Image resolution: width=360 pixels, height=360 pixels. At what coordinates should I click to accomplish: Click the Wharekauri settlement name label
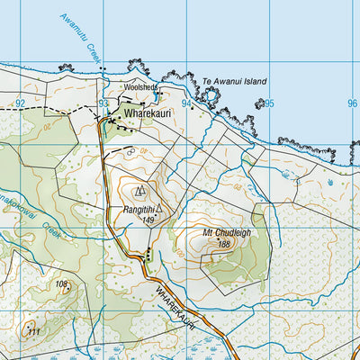149,114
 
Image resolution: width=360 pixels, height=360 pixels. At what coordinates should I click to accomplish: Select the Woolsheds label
139,87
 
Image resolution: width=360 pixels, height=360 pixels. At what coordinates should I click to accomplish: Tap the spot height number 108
61,284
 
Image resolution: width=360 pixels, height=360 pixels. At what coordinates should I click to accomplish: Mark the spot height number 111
33,331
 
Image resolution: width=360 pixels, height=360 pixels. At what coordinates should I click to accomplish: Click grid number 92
20,103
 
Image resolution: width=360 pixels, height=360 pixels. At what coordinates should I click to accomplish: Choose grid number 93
103,103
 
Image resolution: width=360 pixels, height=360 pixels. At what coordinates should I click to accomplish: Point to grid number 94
186,103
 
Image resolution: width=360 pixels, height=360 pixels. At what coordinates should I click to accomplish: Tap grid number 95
269,103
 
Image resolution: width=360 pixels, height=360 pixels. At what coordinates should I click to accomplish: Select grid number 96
352,103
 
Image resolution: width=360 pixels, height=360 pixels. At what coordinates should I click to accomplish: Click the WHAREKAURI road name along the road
175,306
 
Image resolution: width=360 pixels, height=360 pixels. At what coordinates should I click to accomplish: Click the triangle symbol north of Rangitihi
139,191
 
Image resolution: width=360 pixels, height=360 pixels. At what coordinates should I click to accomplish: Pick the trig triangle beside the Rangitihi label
159,209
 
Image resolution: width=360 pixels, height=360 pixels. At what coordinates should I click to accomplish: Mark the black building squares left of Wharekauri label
111,119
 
